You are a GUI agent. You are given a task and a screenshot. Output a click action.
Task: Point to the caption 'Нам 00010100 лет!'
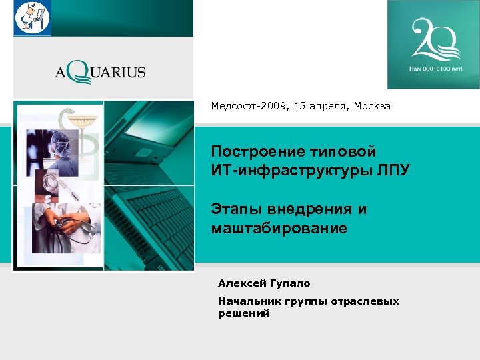pos(433,69)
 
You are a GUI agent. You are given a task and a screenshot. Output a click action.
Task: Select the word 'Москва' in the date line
pos(372,106)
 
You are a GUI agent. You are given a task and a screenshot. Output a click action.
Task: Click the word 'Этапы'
pos(236,209)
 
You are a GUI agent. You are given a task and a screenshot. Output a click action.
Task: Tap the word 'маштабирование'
pos(279,228)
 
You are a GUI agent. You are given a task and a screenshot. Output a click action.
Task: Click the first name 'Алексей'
pos(240,283)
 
